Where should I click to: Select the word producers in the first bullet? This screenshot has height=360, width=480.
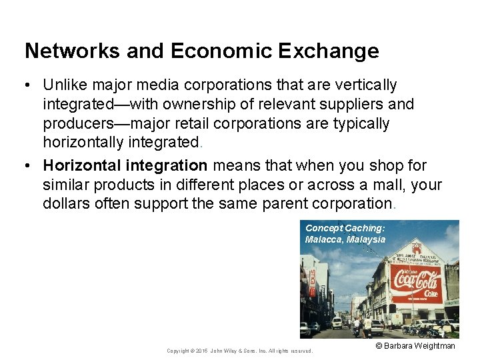tap(75, 124)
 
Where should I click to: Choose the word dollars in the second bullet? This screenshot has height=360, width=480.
tap(66, 204)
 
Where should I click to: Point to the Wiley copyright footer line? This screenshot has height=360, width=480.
tap(239, 351)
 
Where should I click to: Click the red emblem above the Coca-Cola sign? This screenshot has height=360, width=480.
tap(416, 249)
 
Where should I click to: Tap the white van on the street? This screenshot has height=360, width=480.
tap(337, 323)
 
